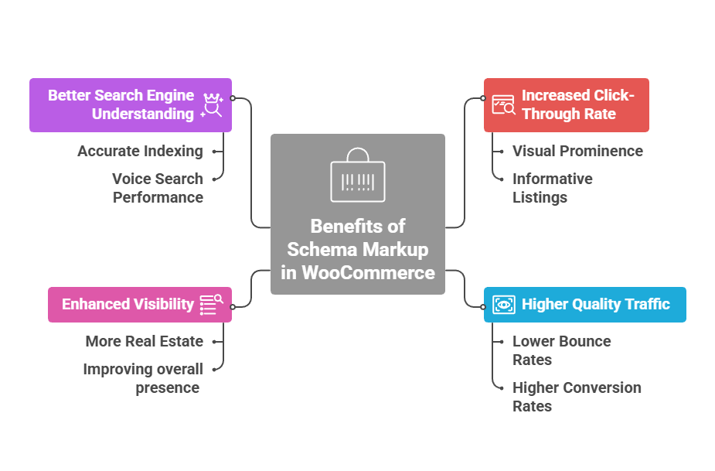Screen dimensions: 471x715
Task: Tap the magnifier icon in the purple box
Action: click(212, 105)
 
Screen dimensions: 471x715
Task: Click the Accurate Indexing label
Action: click(140, 151)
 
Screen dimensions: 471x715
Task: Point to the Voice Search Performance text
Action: click(158, 188)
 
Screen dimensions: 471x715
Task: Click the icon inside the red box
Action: click(504, 104)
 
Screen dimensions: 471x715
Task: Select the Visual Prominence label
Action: click(577, 151)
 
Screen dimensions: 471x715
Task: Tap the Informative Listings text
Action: click(552, 188)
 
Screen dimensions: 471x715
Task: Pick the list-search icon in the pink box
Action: click(211, 304)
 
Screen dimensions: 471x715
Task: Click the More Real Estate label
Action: click(145, 341)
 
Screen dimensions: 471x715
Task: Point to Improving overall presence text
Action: click(143, 378)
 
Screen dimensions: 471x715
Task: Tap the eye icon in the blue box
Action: click(504, 304)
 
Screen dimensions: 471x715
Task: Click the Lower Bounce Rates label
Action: click(561, 350)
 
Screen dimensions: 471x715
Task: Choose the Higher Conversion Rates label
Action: click(577, 397)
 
